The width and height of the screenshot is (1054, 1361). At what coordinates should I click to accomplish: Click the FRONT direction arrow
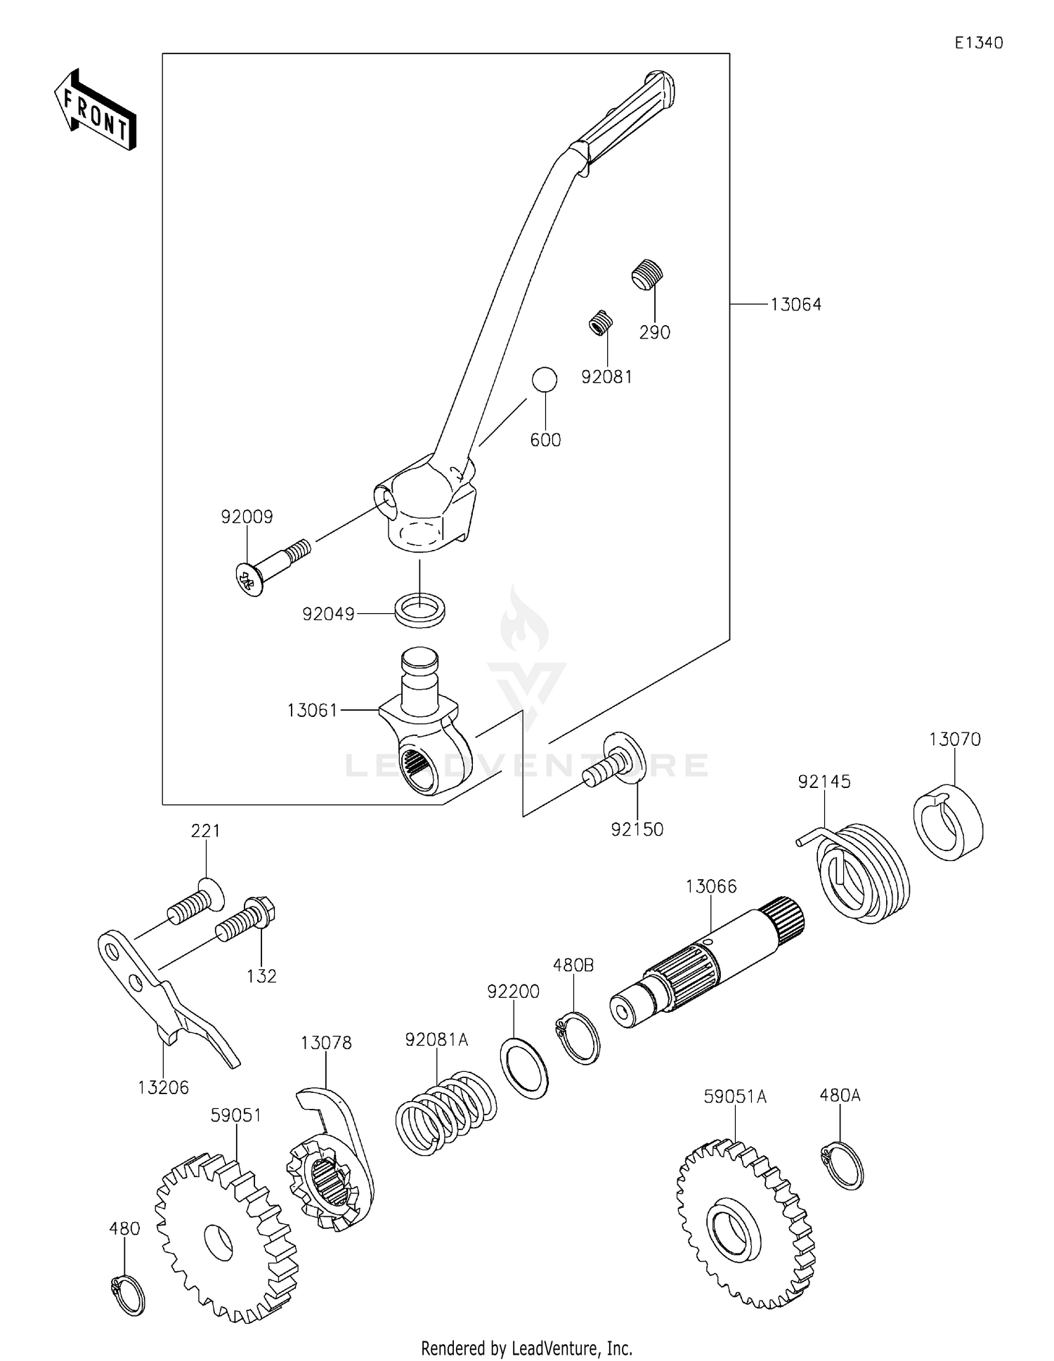(x=96, y=111)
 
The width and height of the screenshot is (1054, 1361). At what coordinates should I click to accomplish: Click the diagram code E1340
(x=978, y=43)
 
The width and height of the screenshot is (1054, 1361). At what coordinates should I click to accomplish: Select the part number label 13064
(x=795, y=305)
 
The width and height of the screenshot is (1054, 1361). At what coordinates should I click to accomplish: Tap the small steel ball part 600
(x=545, y=380)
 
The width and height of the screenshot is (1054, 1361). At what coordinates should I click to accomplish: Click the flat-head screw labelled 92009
(x=271, y=567)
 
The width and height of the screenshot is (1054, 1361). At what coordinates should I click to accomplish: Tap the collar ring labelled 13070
(x=948, y=822)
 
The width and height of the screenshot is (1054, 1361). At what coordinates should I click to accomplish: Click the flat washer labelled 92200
(x=524, y=1071)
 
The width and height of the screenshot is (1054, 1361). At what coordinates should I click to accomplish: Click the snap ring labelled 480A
(x=842, y=1166)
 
